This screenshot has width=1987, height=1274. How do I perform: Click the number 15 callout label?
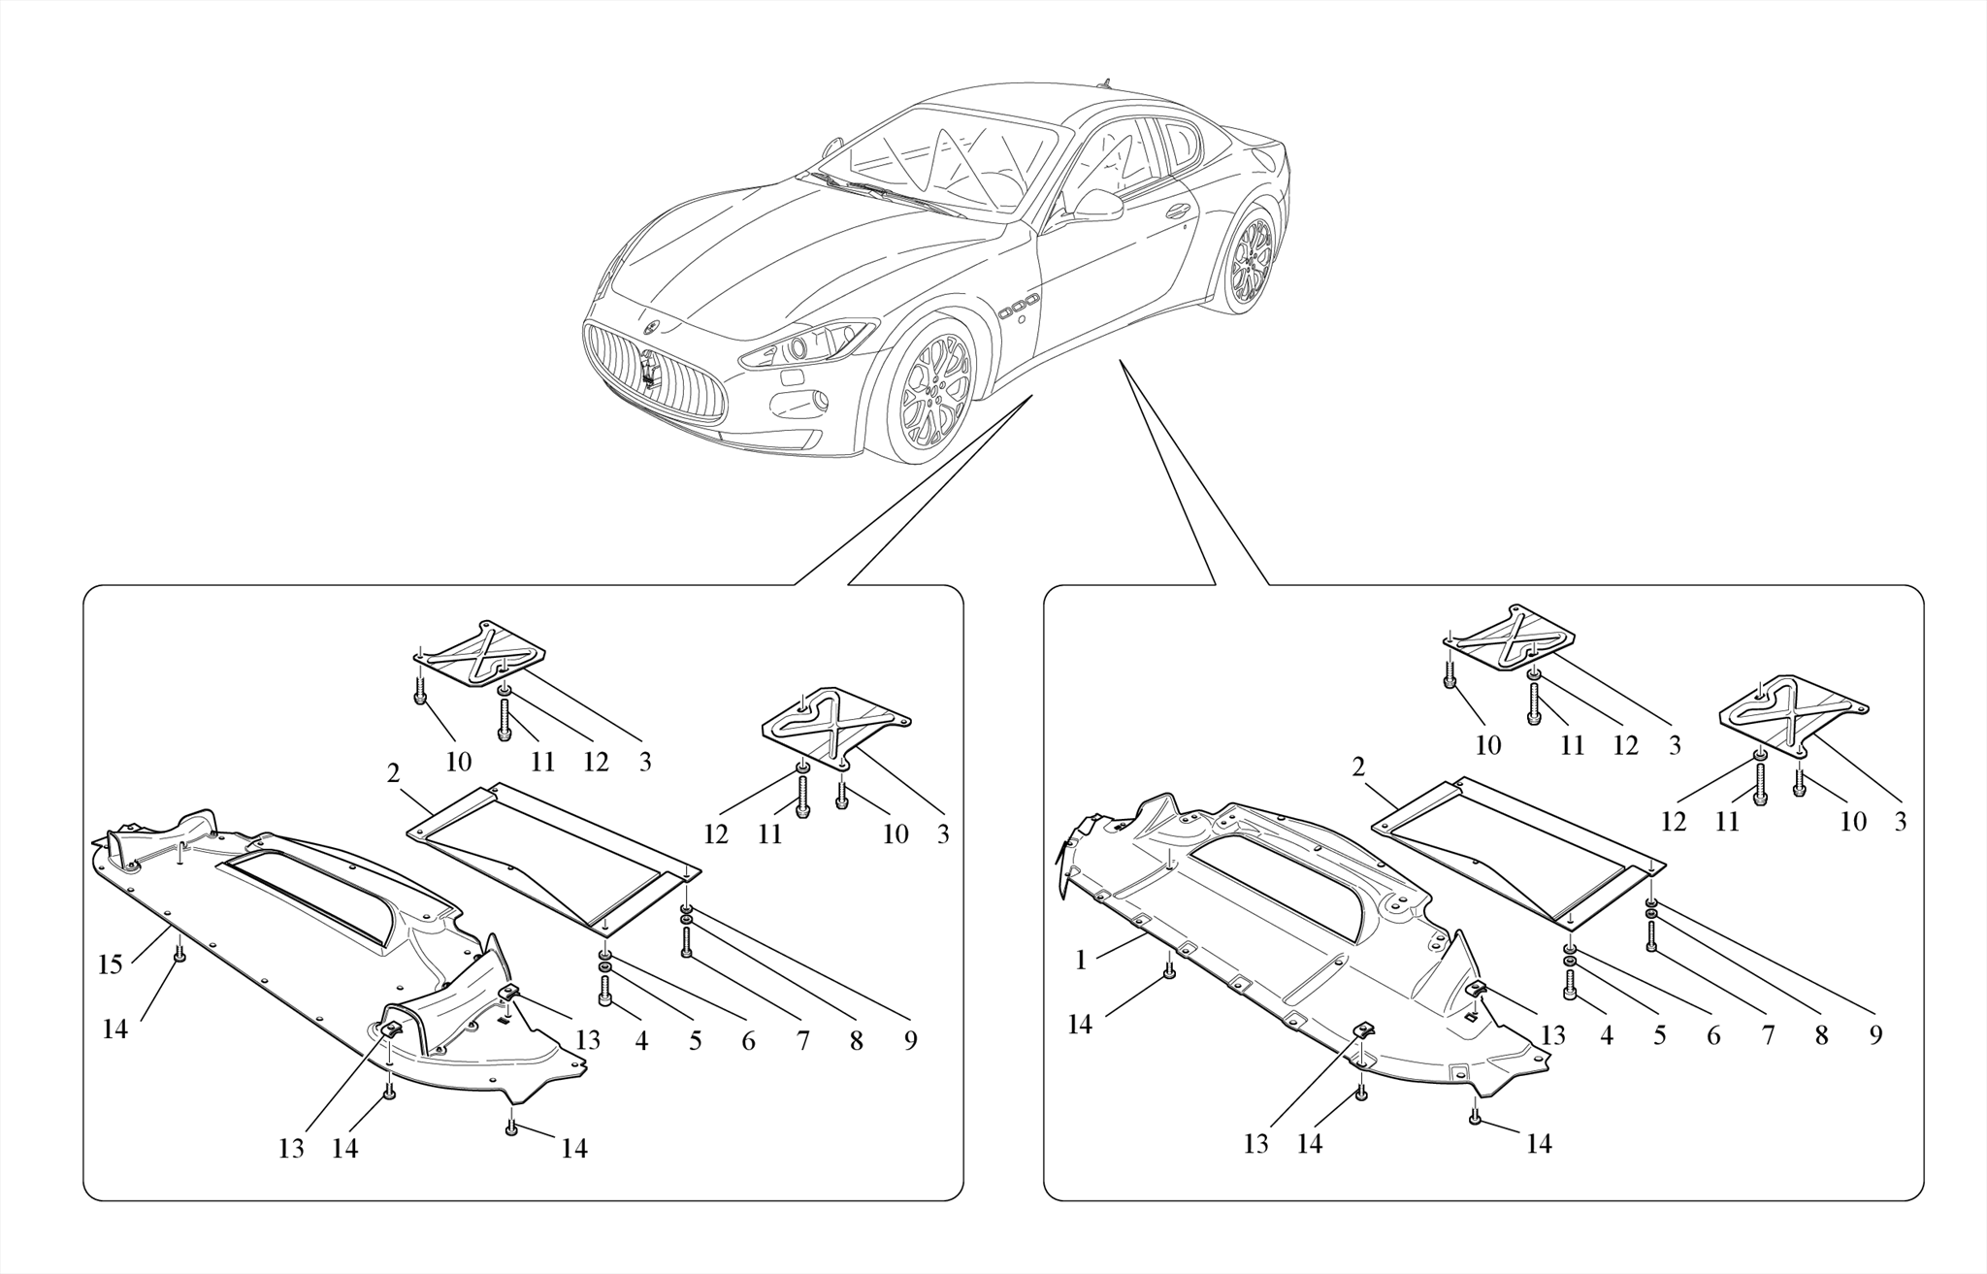[x=110, y=964]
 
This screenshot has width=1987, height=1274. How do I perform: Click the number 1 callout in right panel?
[x=1081, y=960]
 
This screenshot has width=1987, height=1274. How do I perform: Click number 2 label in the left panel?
[x=393, y=773]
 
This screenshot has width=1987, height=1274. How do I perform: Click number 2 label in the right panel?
[x=1358, y=768]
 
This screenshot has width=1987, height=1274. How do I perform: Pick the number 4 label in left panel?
[x=641, y=1041]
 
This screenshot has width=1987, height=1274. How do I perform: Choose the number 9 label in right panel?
[x=1875, y=1035]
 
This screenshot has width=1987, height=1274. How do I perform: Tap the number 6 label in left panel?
[x=748, y=1041]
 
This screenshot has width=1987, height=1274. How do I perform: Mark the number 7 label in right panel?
[x=1768, y=1035]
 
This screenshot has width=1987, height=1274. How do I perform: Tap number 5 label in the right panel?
[x=1660, y=1035]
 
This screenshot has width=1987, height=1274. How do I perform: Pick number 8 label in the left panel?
[x=856, y=1041]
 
